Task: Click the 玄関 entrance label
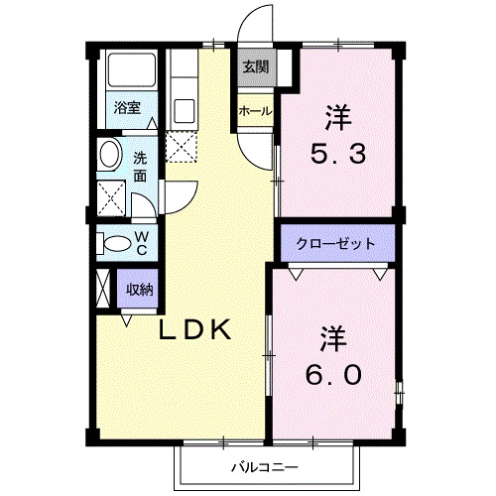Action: coord(254,67)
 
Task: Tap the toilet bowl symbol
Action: coord(115,242)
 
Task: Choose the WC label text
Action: coord(142,242)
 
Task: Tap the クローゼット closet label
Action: coord(335,242)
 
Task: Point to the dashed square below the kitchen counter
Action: coord(183,149)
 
